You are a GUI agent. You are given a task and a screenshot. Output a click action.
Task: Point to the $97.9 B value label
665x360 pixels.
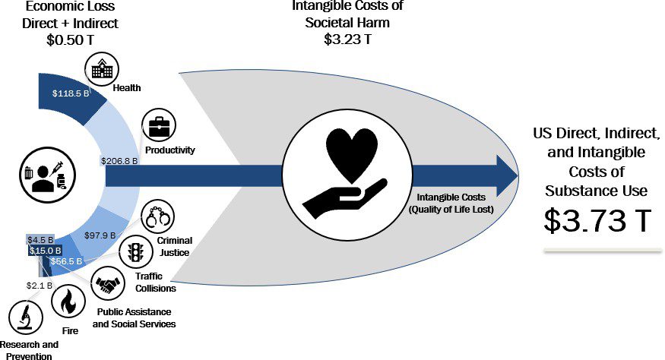point(100,235)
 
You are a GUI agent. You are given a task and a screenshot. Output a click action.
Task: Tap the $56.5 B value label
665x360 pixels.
point(66,261)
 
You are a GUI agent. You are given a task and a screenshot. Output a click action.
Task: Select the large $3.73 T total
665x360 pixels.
point(597,220)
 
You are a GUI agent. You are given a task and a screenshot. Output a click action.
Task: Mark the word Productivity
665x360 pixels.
point(170,150)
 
